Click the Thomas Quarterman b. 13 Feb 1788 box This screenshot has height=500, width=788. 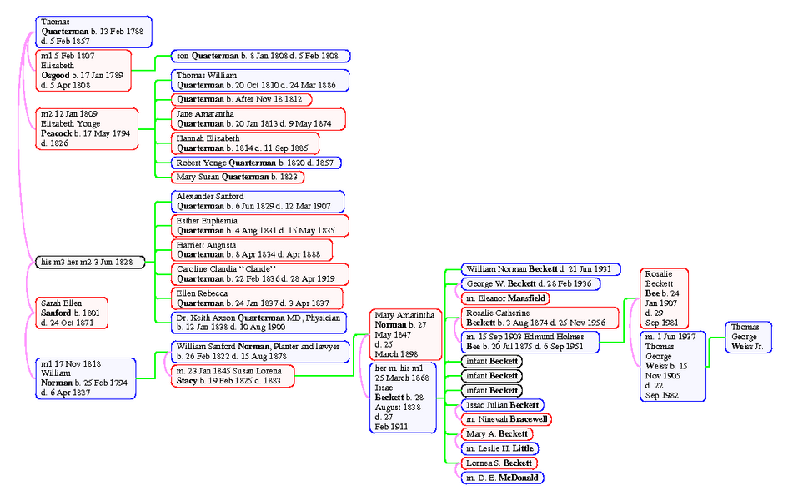click(93, 31)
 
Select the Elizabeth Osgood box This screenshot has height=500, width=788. click(83, 70)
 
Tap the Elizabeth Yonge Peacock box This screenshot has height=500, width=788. click(87, 128)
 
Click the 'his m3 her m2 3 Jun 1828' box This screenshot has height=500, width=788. click(90, 262)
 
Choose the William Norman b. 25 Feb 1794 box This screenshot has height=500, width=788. click(86, 377)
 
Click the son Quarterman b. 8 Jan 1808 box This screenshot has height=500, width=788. click(260, 56)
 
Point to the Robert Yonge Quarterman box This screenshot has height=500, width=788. click(256, 162)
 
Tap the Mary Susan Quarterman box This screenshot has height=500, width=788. click(238, 177)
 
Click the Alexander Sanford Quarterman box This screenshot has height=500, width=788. click(258, 201)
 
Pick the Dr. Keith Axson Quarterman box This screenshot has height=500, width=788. click(259, 322)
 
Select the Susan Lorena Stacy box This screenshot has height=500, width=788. click(233, 376)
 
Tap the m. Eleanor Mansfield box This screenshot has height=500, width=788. click(505, 297)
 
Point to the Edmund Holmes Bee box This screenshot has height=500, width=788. click(530, 342)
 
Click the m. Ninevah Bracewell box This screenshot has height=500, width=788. click(506, 418)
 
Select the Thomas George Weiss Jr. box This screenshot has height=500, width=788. click(748, 337)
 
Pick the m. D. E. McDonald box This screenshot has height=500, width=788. click(502, 477)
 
